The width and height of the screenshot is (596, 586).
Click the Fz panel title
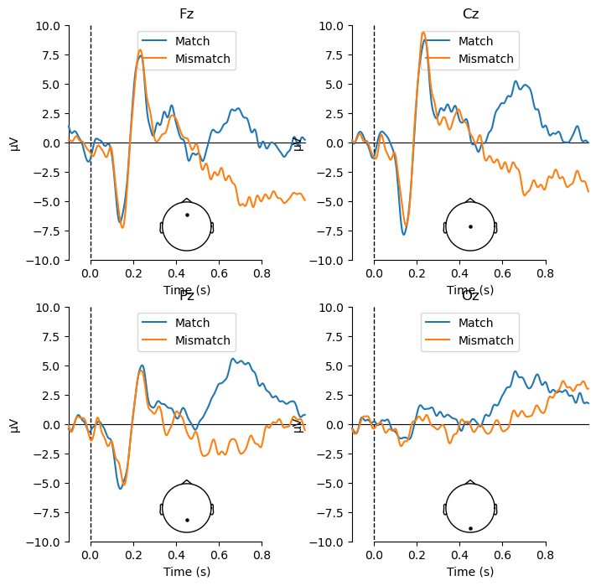(186, 14)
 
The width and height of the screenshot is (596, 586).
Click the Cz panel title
(470, 14)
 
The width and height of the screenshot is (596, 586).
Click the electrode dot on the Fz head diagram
(187, 215)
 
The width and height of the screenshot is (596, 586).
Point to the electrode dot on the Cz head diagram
(470, 226)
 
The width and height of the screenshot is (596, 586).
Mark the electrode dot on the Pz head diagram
(187, 520)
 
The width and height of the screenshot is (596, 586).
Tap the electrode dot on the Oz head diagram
(470, 528)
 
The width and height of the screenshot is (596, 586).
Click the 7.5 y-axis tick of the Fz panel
(48, 55)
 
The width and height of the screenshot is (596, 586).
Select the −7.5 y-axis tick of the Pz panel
(45, 513)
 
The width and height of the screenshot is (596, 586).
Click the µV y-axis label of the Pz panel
(14, 425)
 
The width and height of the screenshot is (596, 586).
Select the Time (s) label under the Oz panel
(470, 572)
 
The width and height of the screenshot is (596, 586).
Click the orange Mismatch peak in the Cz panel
(423, 33)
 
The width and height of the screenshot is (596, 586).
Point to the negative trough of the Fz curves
(122, 226)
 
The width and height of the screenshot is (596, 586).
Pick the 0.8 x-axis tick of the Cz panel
(546, 273)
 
